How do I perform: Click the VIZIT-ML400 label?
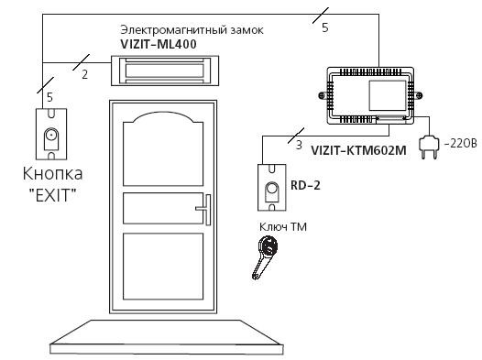159,44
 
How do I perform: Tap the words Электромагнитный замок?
192,30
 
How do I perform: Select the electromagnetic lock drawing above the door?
165,71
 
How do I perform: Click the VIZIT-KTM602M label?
358,150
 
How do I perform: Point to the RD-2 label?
305,185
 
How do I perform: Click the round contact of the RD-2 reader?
272,188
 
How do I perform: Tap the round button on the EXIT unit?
51,135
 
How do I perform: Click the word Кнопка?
52,173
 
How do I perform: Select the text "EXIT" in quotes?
52,195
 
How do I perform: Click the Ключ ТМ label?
283,227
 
